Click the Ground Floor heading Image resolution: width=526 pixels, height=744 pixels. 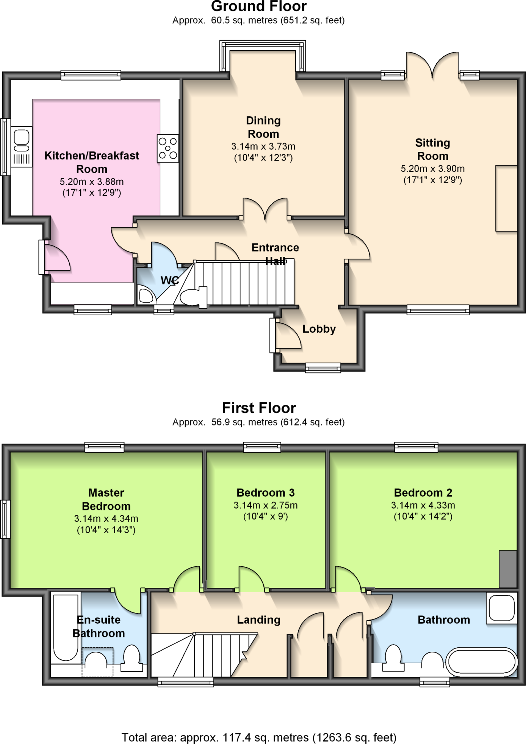(259, 7)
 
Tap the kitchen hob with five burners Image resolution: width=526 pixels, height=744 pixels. (167, 149)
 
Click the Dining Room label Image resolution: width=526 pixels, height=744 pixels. (263, 127)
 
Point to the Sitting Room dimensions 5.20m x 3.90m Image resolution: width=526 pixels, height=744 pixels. (432, 169)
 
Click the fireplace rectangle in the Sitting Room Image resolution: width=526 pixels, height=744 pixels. (506, 198)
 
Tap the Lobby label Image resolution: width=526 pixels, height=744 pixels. (319, 329)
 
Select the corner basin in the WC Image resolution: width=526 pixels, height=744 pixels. (146, 295)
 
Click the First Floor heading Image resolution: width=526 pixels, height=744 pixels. (259, 408)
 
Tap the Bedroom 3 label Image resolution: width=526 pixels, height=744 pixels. (266, 493)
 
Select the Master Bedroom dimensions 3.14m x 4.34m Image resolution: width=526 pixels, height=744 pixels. (106, 519)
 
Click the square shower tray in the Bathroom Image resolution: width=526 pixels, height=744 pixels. (502, 608)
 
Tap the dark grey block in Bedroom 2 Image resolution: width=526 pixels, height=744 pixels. (507, 569)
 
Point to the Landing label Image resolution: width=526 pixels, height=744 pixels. (259, 620)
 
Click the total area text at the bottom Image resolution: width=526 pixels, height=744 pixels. (259, 737)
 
